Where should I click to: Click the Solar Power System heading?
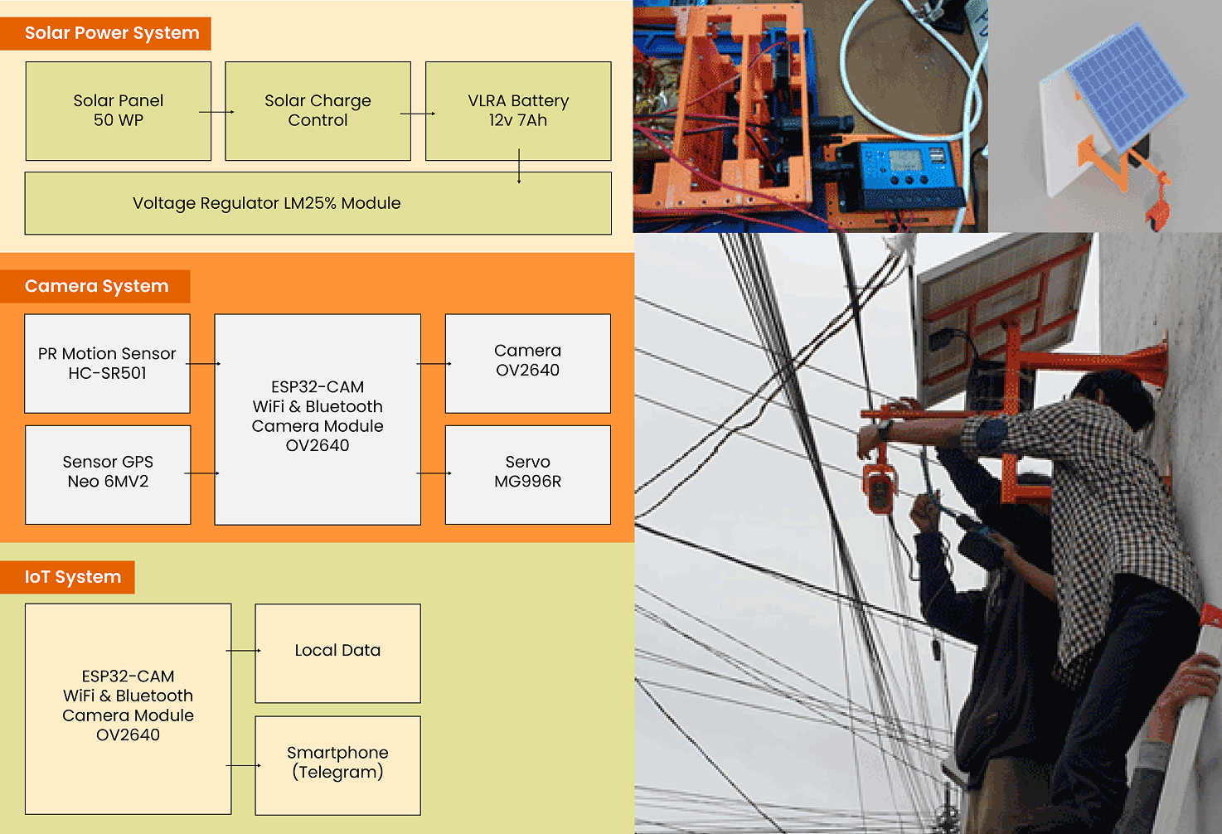112,33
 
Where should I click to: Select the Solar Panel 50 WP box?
119,110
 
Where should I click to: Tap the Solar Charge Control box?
318,110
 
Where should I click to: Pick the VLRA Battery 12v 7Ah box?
518,110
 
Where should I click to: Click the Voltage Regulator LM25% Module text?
266,203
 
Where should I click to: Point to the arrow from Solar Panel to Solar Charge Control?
217,112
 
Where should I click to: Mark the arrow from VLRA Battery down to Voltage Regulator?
519,166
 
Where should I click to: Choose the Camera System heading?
96,286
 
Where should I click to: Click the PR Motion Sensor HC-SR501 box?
107,363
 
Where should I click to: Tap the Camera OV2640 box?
527,362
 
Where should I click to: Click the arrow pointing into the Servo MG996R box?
434,473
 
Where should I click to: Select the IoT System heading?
73,577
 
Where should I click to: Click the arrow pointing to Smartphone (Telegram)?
244,765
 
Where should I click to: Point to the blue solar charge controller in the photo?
909,175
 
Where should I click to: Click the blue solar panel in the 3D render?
1127,84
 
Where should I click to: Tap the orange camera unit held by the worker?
879,487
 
